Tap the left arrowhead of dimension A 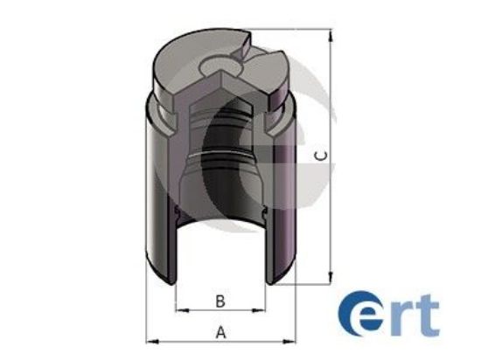[x=149, y=340]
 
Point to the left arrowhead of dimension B [x=180, y=309]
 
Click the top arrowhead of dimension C [x=331, y=36]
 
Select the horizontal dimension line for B [x=220, y=309]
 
